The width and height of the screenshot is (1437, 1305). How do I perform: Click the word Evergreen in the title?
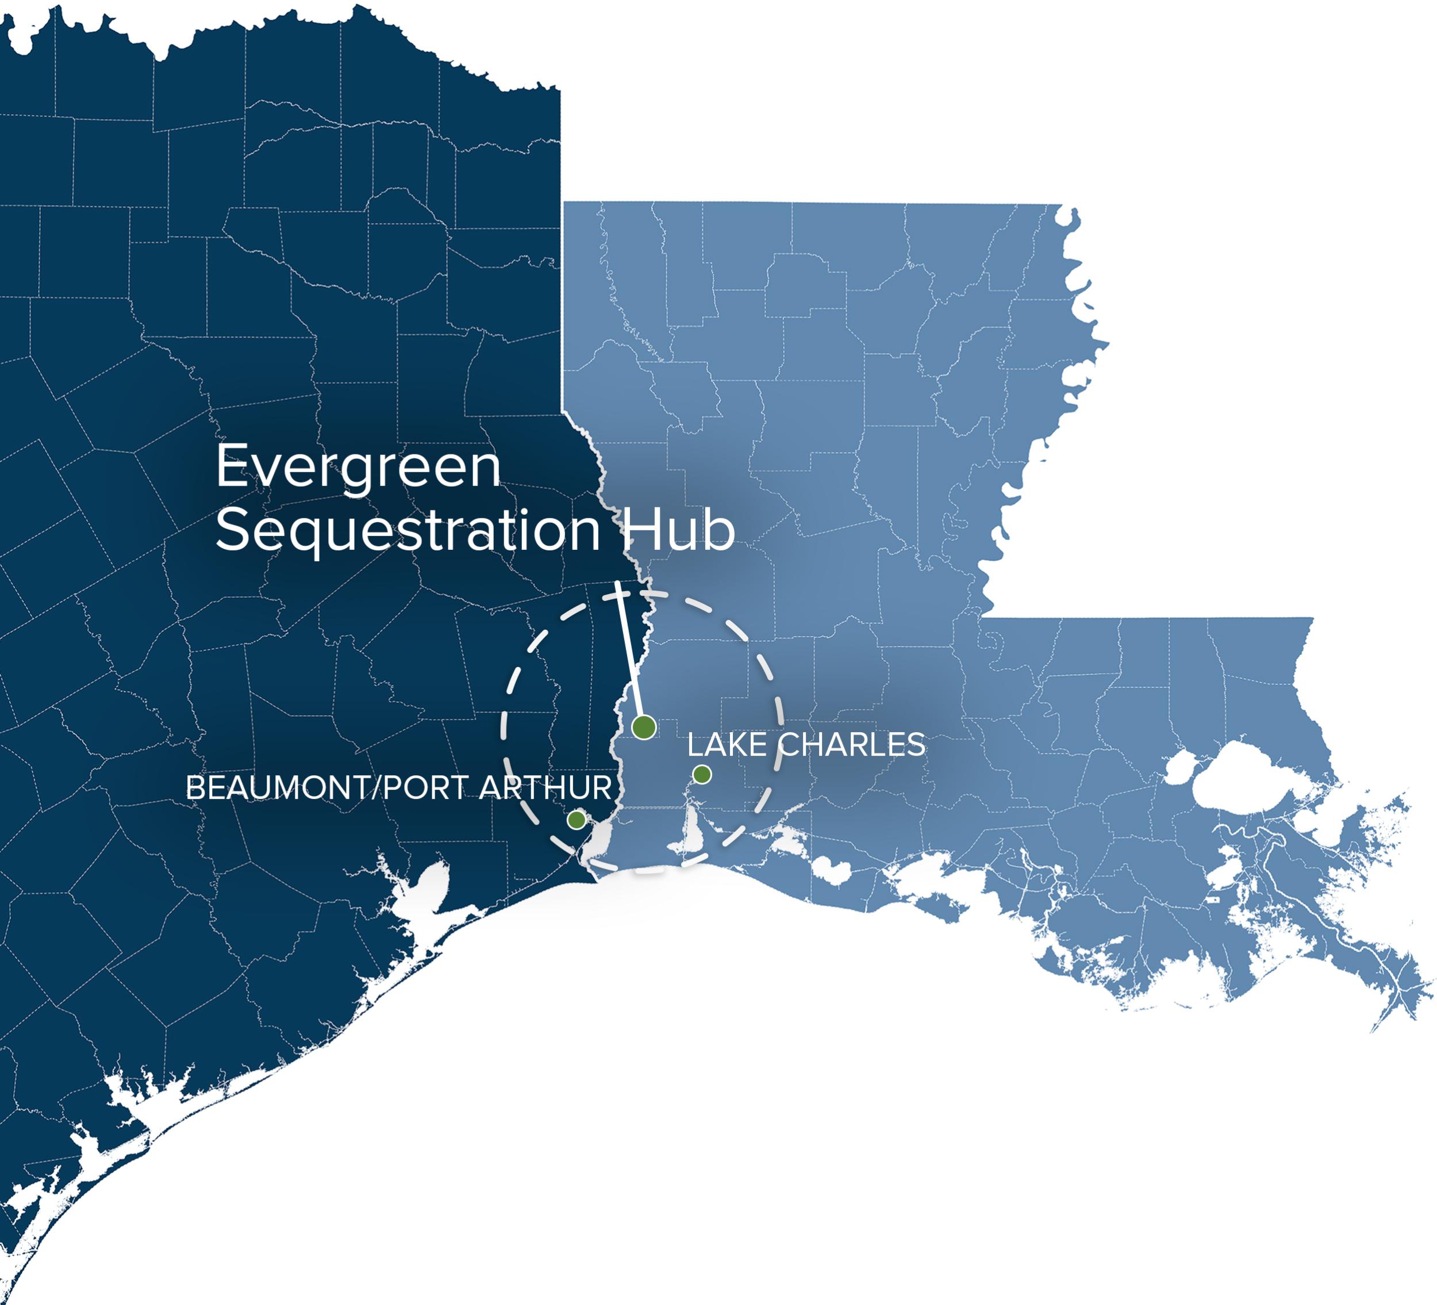(358, 466)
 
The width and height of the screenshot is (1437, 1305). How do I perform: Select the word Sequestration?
(408, 530)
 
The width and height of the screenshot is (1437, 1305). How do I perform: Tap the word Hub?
(679, 529)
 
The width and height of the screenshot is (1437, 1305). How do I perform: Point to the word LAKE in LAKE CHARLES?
(727, 745)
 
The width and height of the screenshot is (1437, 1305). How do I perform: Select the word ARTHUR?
(545, 788)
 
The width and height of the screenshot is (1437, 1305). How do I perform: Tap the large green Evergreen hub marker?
(644, 728)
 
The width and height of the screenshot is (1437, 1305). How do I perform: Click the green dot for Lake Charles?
(702, 775)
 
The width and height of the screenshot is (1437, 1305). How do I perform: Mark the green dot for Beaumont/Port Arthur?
(577, 820)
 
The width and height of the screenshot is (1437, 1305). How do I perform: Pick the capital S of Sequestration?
(232, 529)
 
